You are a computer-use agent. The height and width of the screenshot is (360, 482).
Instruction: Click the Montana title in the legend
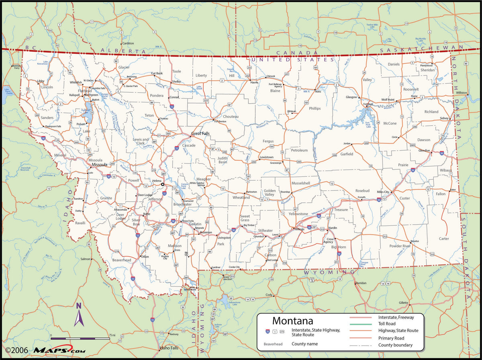pos(292,321)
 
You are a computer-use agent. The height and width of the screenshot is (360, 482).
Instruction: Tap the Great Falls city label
pos(200,133)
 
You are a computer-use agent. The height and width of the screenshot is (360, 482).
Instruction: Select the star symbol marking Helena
pos(163,184)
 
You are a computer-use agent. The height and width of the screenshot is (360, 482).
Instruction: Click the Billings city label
pos(300,229)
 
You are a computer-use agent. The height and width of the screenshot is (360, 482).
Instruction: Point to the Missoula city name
pos(99,165)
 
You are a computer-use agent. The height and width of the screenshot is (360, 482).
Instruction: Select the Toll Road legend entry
pos(387,323)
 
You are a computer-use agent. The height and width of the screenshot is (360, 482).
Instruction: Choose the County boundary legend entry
pos(395,345)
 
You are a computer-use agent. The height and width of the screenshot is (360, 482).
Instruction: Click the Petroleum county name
pos(299,150)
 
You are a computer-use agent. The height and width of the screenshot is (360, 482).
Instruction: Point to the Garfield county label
pos(347,154)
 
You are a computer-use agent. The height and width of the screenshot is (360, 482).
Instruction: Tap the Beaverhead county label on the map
pos(122,260)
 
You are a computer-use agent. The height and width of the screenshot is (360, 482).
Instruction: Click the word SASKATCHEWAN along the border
pos(421,49)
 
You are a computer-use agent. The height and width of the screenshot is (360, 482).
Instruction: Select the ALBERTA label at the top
pos(123,51)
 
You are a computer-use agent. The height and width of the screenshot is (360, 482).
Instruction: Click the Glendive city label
pos(424,150)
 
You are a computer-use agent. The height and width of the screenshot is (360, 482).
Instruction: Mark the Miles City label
pos(383,192)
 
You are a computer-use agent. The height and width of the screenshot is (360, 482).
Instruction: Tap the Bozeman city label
pos(206,232)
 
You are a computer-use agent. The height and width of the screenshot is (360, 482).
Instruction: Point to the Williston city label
pos(462,92)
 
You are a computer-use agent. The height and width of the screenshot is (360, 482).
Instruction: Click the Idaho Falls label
pos(168,348)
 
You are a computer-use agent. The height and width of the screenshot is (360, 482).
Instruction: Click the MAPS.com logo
pos(59,350)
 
